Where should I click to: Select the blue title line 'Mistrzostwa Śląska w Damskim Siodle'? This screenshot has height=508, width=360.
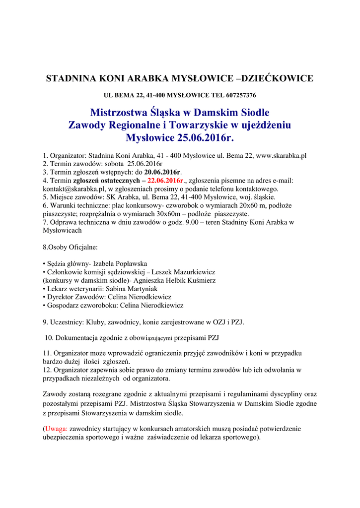179,113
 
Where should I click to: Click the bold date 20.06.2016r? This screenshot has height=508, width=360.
163,172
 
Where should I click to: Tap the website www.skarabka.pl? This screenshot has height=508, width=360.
281,155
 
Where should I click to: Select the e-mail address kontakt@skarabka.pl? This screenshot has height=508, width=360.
73,189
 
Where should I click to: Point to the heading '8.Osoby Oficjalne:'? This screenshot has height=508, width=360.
71,247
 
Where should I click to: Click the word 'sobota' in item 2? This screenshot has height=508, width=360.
113,164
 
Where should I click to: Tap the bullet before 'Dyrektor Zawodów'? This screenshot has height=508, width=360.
44,297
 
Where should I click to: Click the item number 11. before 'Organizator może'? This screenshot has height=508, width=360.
47,353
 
